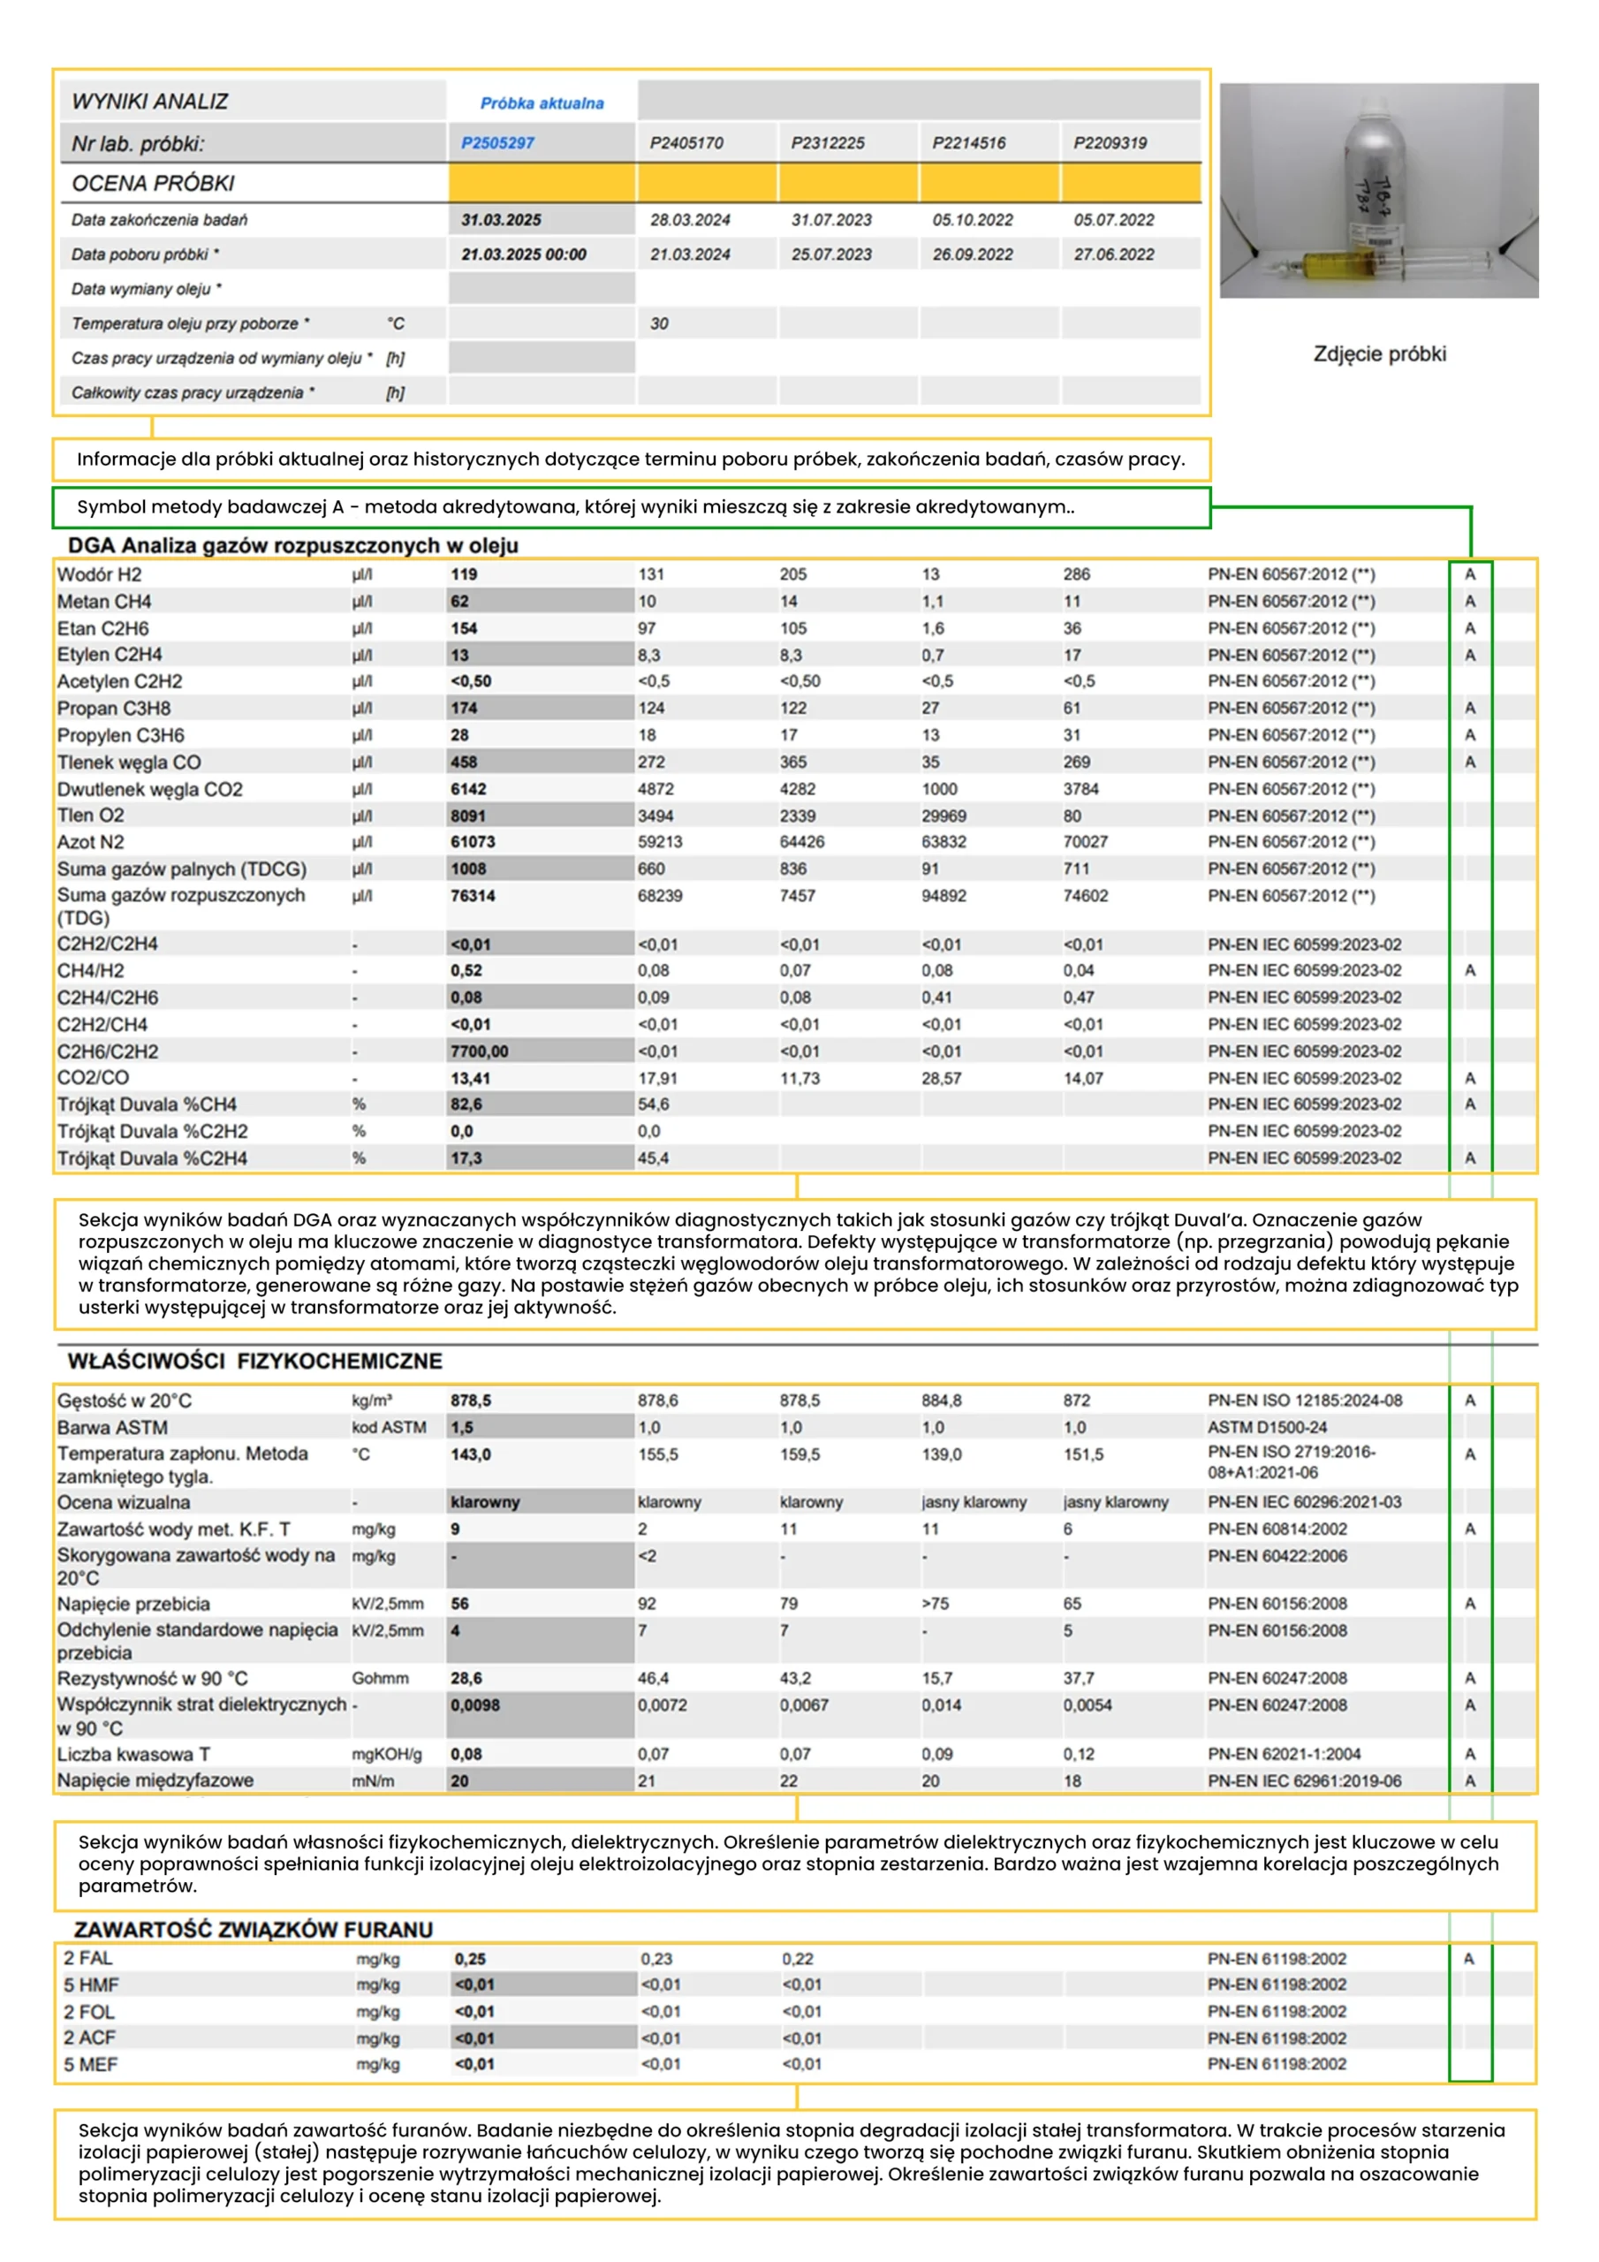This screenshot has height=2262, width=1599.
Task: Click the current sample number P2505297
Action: (497, 143)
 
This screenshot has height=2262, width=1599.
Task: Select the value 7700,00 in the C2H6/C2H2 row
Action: (479, 1051)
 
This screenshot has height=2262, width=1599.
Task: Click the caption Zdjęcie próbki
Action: (1379, 353)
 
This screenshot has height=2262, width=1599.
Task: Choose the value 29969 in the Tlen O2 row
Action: (943, 816)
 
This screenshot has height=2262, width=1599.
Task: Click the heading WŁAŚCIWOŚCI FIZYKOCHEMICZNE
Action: (254, 1361)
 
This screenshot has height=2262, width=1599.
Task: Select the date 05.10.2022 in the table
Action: (973, 220)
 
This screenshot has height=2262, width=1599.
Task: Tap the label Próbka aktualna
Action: (542, 103)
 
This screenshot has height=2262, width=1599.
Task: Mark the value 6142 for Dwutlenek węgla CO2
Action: (469, 789)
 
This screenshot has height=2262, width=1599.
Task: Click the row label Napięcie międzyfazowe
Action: (155, 1780)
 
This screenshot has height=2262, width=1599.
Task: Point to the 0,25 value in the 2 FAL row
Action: (471, 1959)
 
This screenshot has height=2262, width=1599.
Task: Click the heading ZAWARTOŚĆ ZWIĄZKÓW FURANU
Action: (254, 1929)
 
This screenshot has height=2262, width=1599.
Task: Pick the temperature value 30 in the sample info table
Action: (659, 323)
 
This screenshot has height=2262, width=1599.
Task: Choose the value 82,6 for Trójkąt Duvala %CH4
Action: (466, 1104)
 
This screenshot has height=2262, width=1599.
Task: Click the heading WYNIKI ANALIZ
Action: (150, 102)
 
